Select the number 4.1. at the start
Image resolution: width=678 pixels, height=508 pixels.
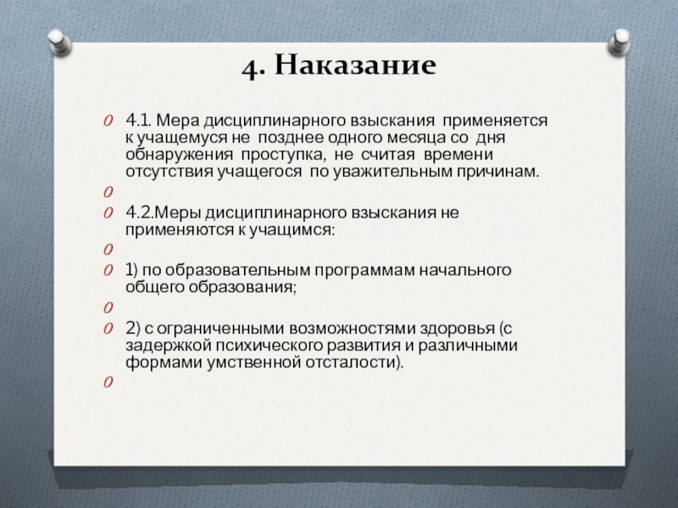pos(139,121)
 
